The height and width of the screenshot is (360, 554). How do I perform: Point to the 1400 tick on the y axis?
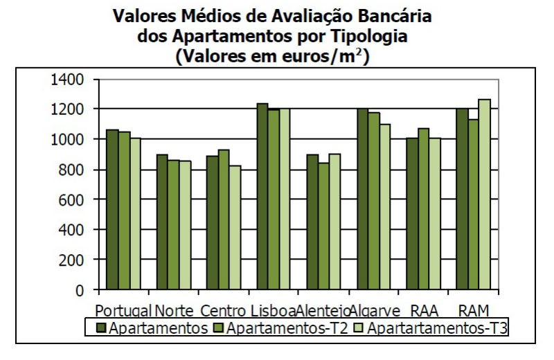[x=68, y=80]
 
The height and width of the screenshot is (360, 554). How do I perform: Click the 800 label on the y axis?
[x=72, y=170]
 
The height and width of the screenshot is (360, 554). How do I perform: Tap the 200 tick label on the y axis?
[x=72, y=260]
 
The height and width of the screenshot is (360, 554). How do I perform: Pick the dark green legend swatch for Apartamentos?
[x=100, y=327]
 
